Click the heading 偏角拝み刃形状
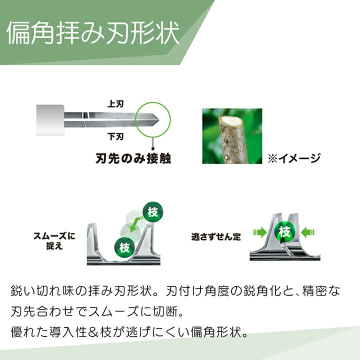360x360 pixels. click(93, 32)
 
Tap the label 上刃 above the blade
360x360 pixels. click(115, 104)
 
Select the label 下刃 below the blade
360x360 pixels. click(115, 136)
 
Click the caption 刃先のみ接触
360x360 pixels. click(133, 158)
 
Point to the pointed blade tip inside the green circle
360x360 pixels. click(158, 119)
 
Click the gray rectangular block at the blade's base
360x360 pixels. click(50, 120)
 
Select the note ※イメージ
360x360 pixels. click(294, 158)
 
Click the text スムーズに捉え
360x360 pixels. click(54, 241)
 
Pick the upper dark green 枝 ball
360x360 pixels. click(153, 211)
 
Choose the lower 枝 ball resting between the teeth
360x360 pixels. click(124, 247)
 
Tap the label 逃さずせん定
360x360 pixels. click(216, 236)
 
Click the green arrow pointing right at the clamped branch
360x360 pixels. click(260, 232)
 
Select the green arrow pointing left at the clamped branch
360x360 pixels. click(307, 232)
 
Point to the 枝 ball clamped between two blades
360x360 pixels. click(284, 232)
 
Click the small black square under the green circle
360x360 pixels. click(153, 149)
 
